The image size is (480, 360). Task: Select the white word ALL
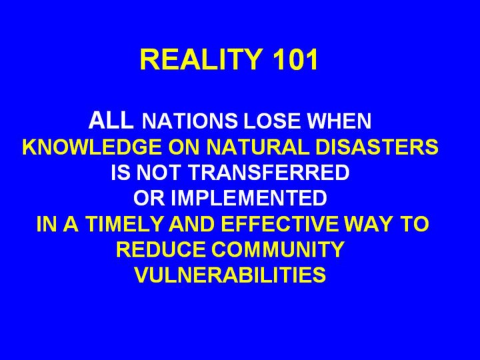[x=111, y=120]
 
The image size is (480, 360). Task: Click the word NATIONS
[x=189, y=121]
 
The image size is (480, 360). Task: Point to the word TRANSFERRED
[x=268, y=173]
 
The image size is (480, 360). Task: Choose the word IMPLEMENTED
[x=249, y=198]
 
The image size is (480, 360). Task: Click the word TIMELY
[x=124, y=224]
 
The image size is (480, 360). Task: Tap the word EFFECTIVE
[x=279, y=224]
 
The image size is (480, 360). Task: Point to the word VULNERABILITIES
[x=230, y=275]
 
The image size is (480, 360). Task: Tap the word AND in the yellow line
[x=191, y=224]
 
